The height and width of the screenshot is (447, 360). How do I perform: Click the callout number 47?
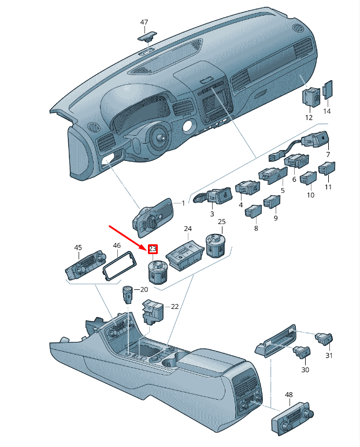coord(144,23)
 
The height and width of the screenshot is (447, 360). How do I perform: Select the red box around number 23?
coord(153,249)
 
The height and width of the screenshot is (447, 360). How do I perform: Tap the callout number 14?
coord(327,111)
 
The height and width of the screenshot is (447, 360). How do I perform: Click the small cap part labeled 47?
coord(147,36)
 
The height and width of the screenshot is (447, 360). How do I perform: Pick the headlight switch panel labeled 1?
coord(153,217)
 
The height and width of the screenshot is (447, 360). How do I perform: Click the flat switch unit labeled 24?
coord(185,255)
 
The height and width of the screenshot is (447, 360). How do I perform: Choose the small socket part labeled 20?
coord(128,295)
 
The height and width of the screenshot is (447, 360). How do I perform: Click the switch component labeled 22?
coord(153,311)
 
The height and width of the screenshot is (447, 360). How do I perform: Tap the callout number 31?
coord(329,356)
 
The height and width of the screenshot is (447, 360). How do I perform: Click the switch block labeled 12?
coord(311,96)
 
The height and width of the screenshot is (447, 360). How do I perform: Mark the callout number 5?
coord(283,190)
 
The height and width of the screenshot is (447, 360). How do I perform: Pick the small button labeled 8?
coord(253,211)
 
